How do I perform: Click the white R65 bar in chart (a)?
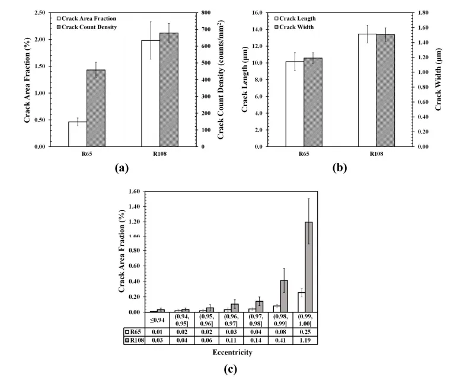tap(78, 134)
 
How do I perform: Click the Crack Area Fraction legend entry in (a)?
tap(87, 18)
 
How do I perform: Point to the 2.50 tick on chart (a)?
tap(40, 12)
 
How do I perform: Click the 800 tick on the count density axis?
tap(207, 12)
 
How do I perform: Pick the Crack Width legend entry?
tap(299, 27)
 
